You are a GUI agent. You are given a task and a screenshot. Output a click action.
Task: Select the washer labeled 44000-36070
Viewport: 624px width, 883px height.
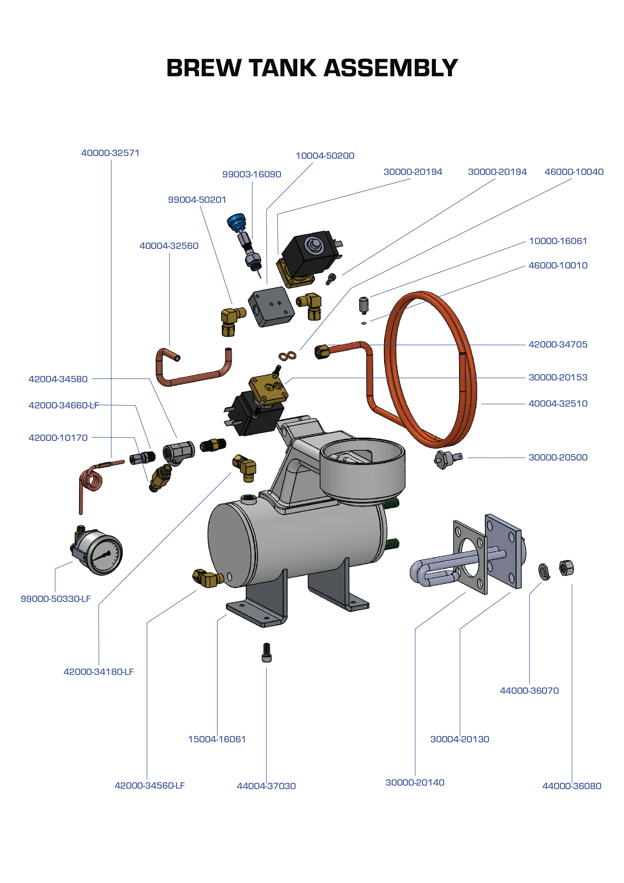click(x=544, y=571)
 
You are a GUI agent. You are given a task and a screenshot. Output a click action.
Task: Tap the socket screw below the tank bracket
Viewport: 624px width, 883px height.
click(x=266, y=653)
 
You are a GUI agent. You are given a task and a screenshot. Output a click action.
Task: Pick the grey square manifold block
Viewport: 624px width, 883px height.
click(x=271, y=306)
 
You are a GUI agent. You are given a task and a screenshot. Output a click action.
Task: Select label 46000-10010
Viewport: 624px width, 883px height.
click(x=558, y=265)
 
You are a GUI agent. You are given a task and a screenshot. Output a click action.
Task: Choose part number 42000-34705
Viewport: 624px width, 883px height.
click(x=558, y=344)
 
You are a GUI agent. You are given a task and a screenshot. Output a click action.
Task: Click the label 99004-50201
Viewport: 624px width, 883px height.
click(x=197, y=200)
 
